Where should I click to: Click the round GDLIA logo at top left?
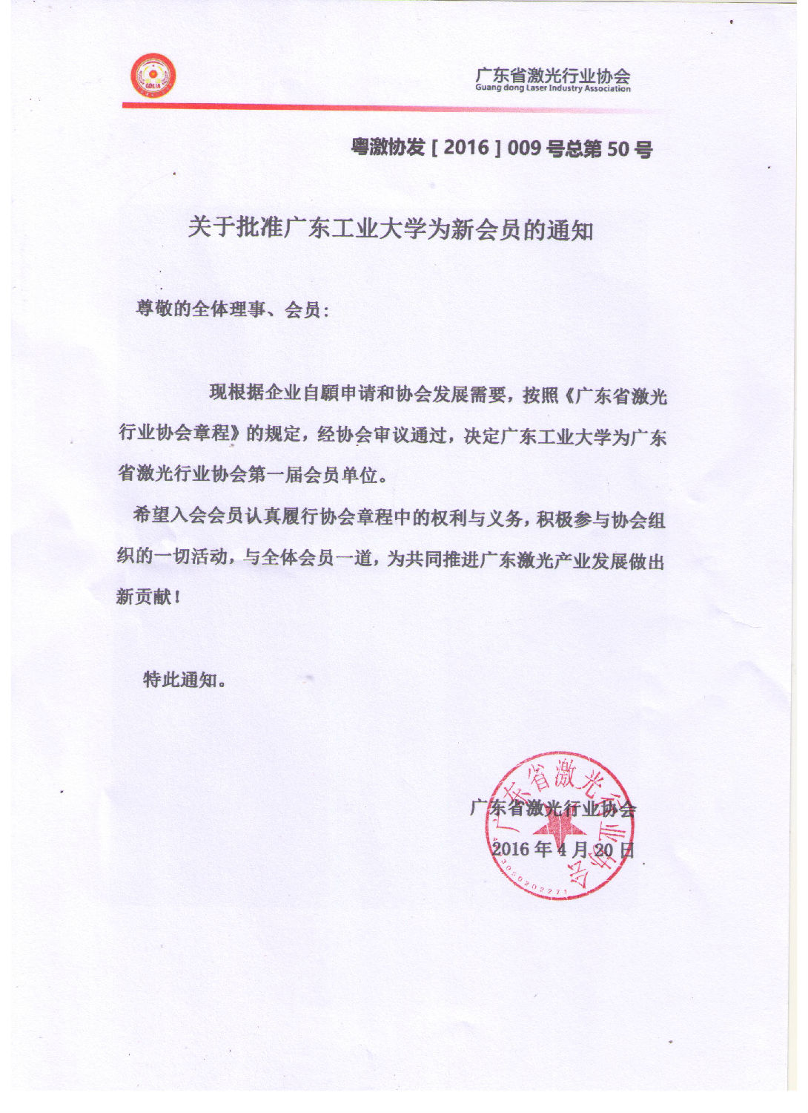153,76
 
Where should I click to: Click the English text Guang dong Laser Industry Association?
553,88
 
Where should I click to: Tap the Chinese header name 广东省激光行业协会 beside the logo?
553,75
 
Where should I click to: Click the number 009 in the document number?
524,148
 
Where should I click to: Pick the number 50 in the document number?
617,149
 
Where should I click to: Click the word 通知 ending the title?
570,231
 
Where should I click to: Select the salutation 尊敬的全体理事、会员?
232,309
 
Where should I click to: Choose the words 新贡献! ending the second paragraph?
148,596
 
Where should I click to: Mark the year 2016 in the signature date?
511,849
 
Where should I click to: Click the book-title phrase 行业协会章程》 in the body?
179,433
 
